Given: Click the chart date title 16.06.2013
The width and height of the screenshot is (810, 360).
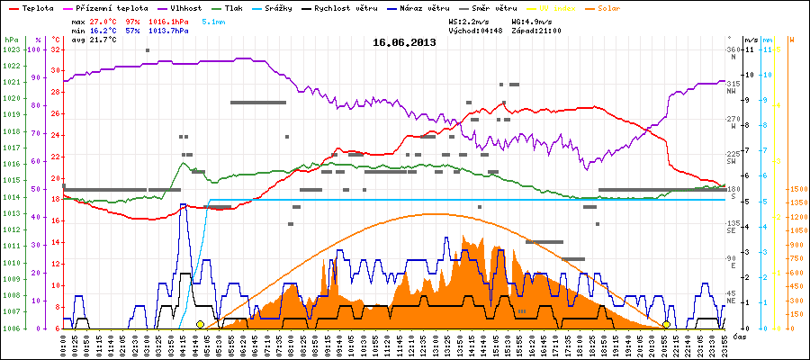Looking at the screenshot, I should [x=405, y=42].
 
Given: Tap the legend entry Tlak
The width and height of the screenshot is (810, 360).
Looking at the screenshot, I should [x=238, y=6].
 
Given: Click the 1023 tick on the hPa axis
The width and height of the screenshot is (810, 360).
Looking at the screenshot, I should [x=11, y=49].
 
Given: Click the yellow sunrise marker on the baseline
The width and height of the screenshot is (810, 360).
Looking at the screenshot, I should [x=200, y=324].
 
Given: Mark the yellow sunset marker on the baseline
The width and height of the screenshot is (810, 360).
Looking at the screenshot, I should [x=666, y=324].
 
